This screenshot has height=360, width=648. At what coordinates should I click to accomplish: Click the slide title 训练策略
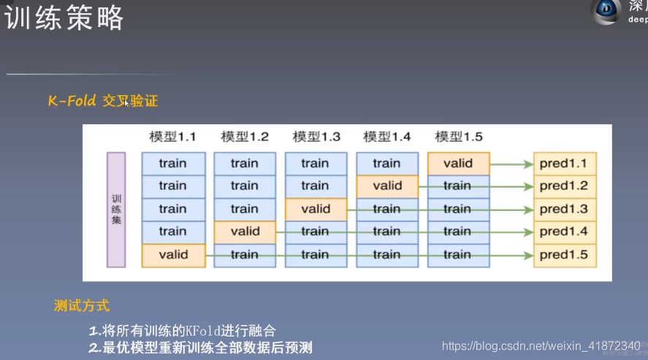point(64,18)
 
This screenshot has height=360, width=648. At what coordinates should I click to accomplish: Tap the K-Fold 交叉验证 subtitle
point(103,102)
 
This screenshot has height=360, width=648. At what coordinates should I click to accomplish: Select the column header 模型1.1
point(172,137)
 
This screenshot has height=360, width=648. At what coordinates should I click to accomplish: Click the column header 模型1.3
point(316,137)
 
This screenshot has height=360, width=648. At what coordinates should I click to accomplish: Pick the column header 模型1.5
point(459,137)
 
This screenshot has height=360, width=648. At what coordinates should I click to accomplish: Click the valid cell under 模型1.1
point(173,255)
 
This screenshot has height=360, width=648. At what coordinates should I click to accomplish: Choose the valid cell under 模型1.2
point(245,231)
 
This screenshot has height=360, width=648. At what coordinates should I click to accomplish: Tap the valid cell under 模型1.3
point(316,209)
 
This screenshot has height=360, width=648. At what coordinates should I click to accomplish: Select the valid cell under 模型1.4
point(387,185)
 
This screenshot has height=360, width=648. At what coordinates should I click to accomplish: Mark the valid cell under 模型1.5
point(458,163)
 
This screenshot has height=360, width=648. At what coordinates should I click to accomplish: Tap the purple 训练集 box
point(116,209)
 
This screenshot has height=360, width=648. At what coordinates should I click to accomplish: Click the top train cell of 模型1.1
point(173,163)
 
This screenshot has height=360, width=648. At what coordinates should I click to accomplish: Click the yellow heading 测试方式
point(82,305)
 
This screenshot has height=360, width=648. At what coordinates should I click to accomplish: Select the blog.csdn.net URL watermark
point(541,345)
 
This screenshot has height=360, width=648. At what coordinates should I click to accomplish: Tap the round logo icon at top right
point(606,10)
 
